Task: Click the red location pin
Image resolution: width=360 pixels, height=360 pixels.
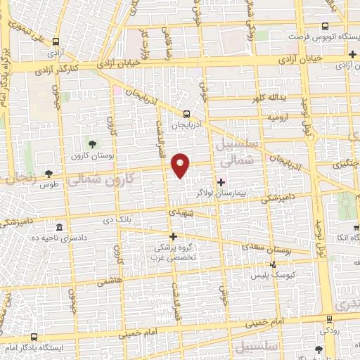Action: (x=181, y=165)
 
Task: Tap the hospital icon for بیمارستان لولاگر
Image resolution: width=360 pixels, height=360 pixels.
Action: (x=221, y=182)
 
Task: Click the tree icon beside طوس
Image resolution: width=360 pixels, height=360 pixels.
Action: (x=49, y=173)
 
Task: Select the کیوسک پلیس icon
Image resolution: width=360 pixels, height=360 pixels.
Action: (x=274, y=265)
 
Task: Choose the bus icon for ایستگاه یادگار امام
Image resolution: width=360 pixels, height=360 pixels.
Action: (x=34, y=337)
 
